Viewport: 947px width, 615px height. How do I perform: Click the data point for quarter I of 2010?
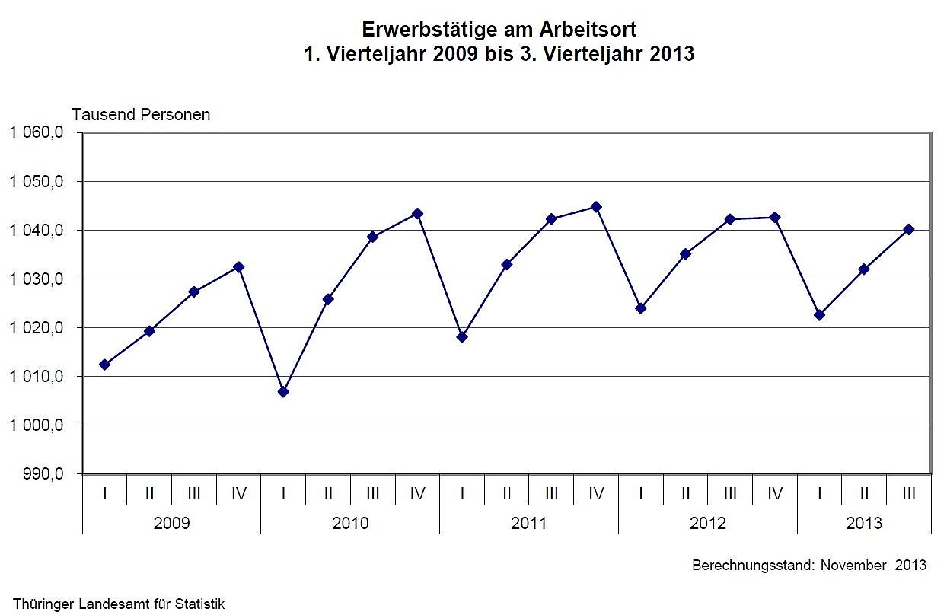pos(283,391)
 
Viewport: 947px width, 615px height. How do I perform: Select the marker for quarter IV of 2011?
pos(596,206)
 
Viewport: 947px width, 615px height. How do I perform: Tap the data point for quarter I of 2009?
pos(104,365)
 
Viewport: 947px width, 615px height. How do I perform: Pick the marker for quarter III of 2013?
pos(908,229)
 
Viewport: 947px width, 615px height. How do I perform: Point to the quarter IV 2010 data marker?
pos(417,213)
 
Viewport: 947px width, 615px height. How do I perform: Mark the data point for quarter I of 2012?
pos(641,308)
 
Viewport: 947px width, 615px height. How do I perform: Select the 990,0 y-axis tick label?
pos(44,473)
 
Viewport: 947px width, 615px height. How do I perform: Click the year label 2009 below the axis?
pos(171,524)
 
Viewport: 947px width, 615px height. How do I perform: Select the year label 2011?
pos(529,524)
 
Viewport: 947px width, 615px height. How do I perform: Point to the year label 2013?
pos(864,524)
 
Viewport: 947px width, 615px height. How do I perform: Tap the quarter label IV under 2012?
pos(775,494)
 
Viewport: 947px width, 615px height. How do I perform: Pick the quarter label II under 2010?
pos(328,494)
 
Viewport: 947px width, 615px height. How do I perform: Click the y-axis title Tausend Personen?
pos(141,115)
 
